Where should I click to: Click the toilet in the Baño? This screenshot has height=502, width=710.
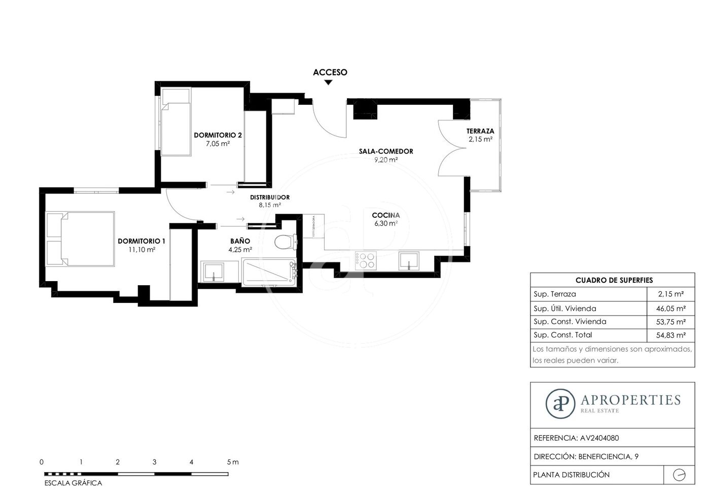click(286, 242)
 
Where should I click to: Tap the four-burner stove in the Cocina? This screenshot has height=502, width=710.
click(366, 261)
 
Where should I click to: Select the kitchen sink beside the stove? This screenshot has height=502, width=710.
click(409, 261)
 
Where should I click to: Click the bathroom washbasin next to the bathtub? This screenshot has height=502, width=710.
click(214, 272)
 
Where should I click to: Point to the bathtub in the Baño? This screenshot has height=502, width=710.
click(270, 272)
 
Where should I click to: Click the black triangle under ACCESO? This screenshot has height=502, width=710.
click(329, 82)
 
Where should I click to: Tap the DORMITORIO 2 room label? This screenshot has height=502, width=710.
click(218, 135)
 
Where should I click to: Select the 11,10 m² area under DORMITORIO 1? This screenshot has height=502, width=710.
click(141, 250)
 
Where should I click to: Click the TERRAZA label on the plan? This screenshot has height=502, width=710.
click(480, 131)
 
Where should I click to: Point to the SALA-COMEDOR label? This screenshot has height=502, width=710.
click(386, 151)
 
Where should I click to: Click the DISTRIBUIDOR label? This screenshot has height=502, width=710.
click(270, 197)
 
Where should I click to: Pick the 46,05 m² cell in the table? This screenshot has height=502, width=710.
click(671, 308)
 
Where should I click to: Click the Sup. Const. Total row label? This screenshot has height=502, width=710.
click(563, 335)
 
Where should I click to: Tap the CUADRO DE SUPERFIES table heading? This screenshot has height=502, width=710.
click(614, 280)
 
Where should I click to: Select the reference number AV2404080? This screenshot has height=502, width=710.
click(599, 438)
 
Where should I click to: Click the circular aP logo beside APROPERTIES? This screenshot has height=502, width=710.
click(560, 404)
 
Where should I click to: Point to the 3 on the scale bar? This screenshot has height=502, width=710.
click(154, 462)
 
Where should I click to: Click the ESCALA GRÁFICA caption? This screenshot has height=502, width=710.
click(73, 483)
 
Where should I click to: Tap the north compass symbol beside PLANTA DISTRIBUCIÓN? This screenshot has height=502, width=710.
click(679, 475)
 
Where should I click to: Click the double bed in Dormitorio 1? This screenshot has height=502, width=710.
click(80, 239)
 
